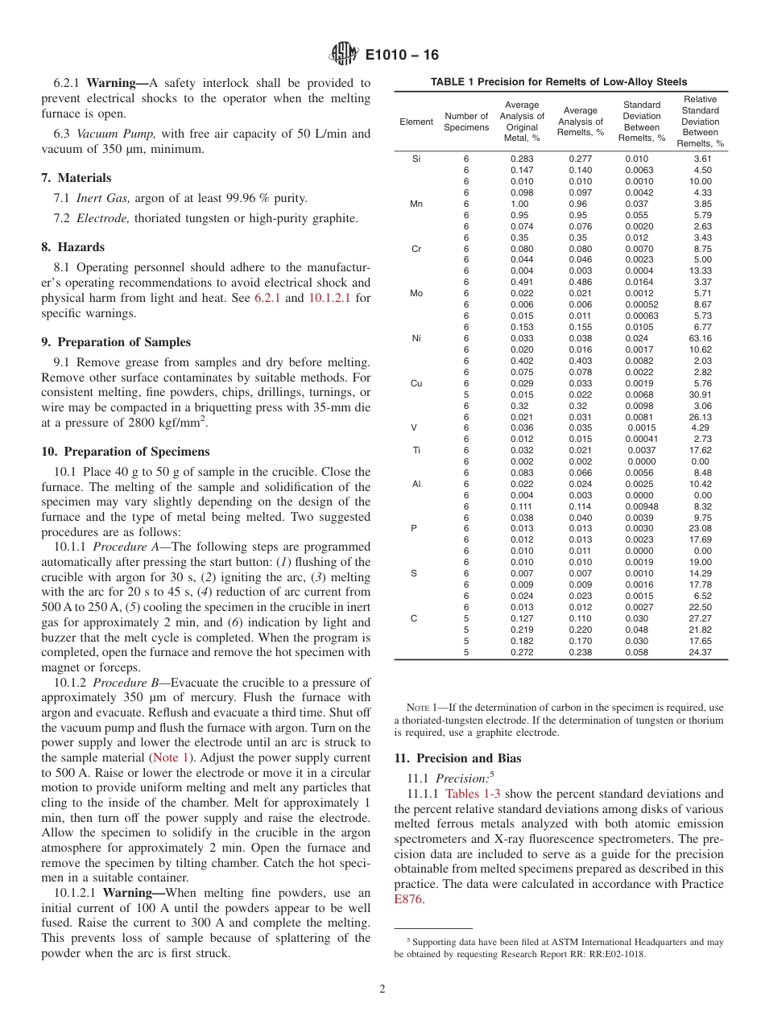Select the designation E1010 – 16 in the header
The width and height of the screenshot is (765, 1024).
click(402, 56)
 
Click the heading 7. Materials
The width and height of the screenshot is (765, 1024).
click(76, 178)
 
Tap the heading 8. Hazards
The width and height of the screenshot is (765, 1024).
click(72, 247)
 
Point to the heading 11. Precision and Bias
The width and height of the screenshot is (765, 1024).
click(457, 758)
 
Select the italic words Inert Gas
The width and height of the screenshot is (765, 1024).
click(103, 198)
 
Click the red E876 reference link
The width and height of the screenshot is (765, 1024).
click(408, 899)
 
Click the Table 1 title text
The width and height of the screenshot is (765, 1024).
click(559, 82)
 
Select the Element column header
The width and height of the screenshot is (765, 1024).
click(416, 122)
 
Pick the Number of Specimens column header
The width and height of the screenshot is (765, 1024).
click(466, 122)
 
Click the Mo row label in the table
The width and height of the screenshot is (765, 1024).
click(416, 293)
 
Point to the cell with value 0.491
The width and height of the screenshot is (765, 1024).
click(522, 282)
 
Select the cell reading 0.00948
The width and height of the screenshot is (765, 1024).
click(641, 506)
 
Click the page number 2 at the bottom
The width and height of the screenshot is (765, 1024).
click(382, 989)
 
